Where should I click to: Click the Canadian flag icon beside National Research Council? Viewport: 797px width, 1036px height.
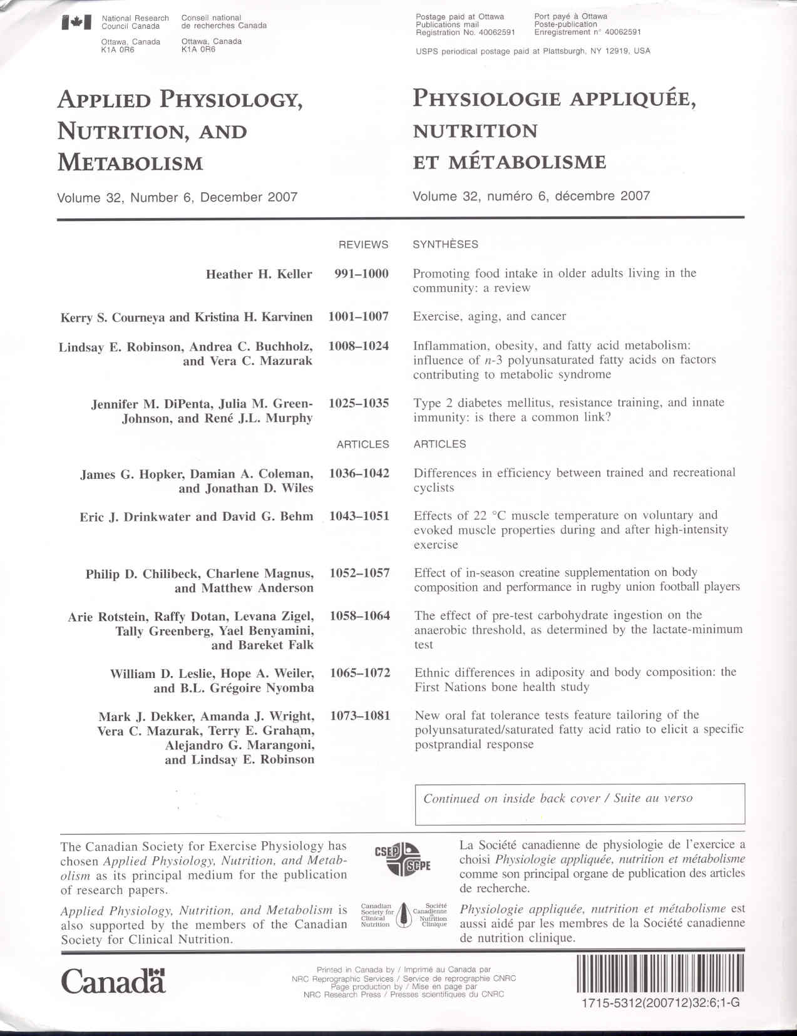coord(77,23)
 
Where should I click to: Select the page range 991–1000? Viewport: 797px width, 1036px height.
coord(361,274)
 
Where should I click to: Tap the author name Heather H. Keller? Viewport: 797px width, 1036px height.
coord(259,274)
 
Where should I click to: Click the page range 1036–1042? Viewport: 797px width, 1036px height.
coord(359,473)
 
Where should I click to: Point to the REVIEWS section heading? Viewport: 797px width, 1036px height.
coord(363,245)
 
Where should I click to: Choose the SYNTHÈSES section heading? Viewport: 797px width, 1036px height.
coord(445,245)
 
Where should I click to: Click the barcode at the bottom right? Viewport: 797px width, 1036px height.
coord(660,973)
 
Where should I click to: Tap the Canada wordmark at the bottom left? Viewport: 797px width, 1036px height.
coord(113,981)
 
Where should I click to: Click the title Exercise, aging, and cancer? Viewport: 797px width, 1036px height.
coord(489,316)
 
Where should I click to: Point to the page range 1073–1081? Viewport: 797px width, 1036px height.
coord(359,715)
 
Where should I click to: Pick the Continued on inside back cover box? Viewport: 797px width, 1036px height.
coord(579,803)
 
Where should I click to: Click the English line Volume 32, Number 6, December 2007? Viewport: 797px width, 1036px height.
coord(177,197)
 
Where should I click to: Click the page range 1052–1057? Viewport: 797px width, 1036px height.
coord(359,573)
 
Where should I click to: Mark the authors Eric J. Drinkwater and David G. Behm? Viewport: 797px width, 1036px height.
coord(196,517)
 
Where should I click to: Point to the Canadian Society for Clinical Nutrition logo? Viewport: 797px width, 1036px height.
coord(404,915)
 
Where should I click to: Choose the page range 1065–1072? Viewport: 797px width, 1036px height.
coord(359,673)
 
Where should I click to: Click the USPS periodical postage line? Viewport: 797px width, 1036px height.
coord(533,51)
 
